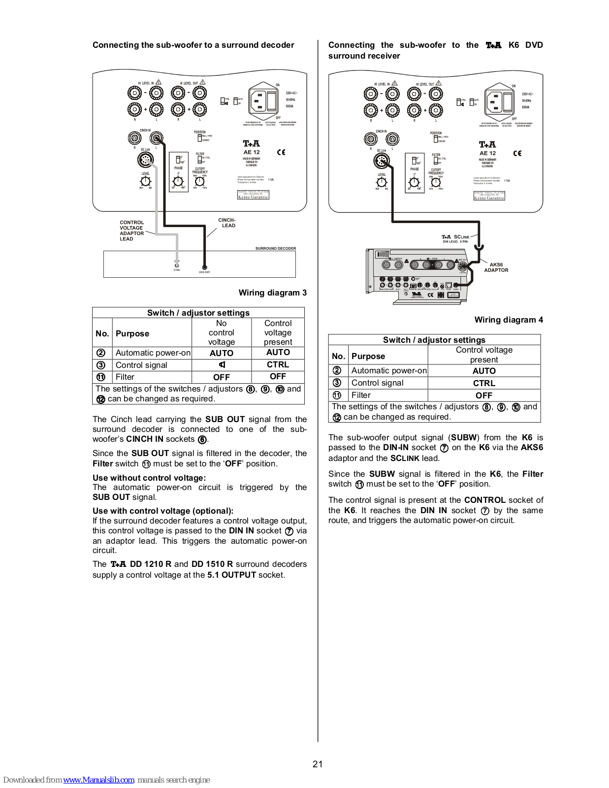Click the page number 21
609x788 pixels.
point(318,764)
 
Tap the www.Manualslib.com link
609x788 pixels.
point(98,780)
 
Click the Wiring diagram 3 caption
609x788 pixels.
point(272,293)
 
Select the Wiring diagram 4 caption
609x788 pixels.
point(509,320)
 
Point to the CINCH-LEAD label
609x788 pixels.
point(227,223)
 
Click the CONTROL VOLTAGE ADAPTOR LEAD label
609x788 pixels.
point(131,230)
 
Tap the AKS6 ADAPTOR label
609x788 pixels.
point(496,267)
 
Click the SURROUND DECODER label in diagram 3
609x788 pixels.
point(275,248)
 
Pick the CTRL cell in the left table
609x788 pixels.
point(278,364)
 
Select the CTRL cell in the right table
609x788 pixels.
point(484,383)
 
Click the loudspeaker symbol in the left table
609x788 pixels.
point(222,365)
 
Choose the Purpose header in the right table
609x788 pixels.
point(368,356)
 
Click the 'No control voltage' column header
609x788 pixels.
point(222,332)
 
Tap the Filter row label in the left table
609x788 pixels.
point(125,377)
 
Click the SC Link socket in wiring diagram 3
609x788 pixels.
point(146,160)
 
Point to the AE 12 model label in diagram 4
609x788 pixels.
point(487,153)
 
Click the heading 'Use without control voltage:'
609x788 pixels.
point(149,478)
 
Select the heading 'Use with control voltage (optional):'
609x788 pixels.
point(163,511)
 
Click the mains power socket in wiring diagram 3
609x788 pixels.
point(264,101)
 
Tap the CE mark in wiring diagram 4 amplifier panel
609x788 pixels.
point(517,153)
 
